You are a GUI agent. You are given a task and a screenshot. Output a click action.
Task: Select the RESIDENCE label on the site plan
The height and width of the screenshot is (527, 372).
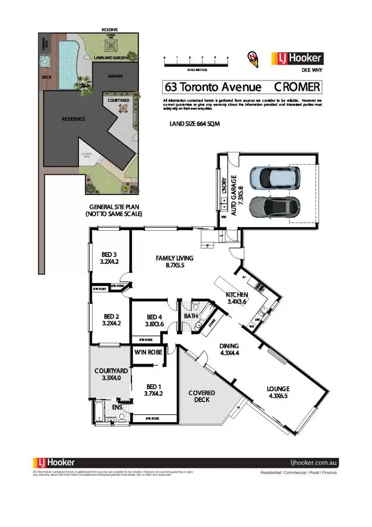tap(73, 119)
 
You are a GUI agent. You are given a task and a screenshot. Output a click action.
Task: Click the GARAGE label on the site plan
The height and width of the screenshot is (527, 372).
tap(115, 76)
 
